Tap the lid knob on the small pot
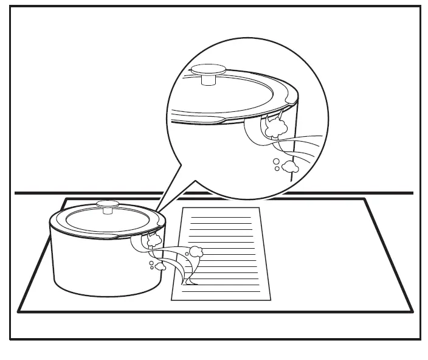(x=109, y=207)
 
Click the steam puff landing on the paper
(x=196, y=251)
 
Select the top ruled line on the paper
(x=220, y=217)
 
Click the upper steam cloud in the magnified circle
(x=276, y=126)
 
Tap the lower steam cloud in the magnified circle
(x=289, y=165)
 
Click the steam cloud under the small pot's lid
(x=154, y=239)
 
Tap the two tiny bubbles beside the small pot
(x=151, y=265)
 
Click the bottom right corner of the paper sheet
(x=269, y=299)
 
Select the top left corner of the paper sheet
(x=184, y=208)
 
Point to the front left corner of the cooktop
(x=18, y=311)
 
